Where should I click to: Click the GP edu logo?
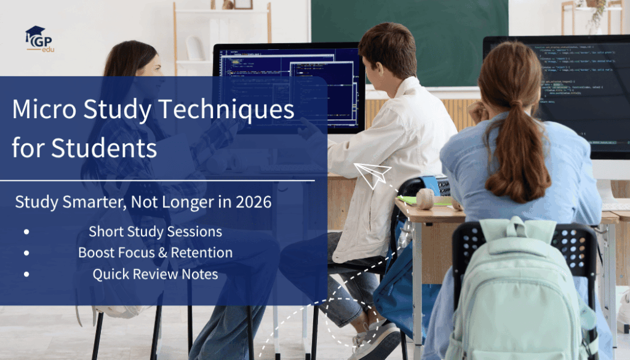coord(39,39)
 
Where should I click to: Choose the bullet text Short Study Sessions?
coord(155,232)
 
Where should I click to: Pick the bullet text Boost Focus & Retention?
coord(155,253)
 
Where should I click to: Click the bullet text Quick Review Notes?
coord(155,274)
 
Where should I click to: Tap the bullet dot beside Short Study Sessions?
coord(26,233)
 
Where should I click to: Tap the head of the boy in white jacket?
coord(389,52)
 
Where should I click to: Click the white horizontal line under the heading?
coord(157,181)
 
